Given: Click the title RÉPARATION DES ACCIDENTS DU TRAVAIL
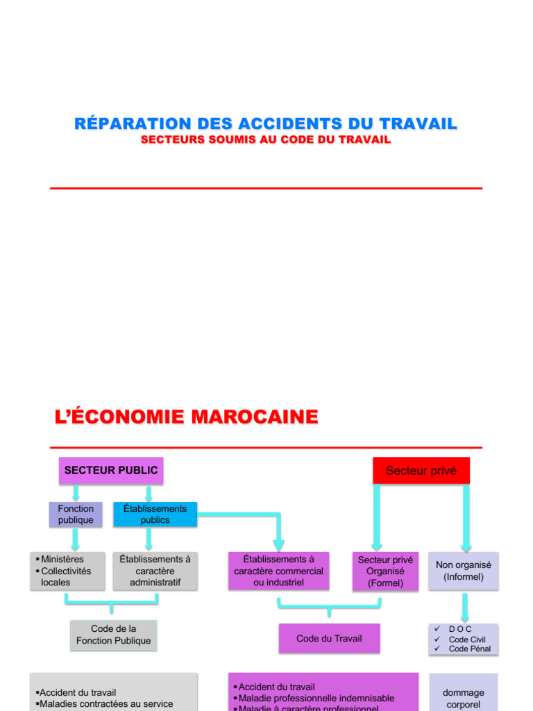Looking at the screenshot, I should (266, 124).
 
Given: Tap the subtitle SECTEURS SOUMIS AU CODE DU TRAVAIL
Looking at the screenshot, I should (266, 140).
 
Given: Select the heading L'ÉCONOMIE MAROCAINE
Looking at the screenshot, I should (186, 417).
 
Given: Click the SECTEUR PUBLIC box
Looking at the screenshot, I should (111, 470).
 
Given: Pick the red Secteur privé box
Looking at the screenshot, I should (421, 471).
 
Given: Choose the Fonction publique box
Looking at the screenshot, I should (76, 515).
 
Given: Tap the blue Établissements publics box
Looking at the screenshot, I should (155, 515).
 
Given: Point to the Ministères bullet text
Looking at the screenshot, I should (62, 559).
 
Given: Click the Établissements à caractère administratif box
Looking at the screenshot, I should (155, 571).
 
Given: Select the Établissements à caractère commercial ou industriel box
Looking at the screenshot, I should (278, 571).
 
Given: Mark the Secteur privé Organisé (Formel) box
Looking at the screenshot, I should (385, 571).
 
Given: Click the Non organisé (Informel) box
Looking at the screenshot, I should (463, 571).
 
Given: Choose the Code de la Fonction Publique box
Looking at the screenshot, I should (114, 635).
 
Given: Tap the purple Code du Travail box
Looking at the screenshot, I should (329, 638).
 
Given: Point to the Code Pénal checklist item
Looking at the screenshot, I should (469, 649).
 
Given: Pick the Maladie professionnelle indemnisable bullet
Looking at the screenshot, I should (316, 698).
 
